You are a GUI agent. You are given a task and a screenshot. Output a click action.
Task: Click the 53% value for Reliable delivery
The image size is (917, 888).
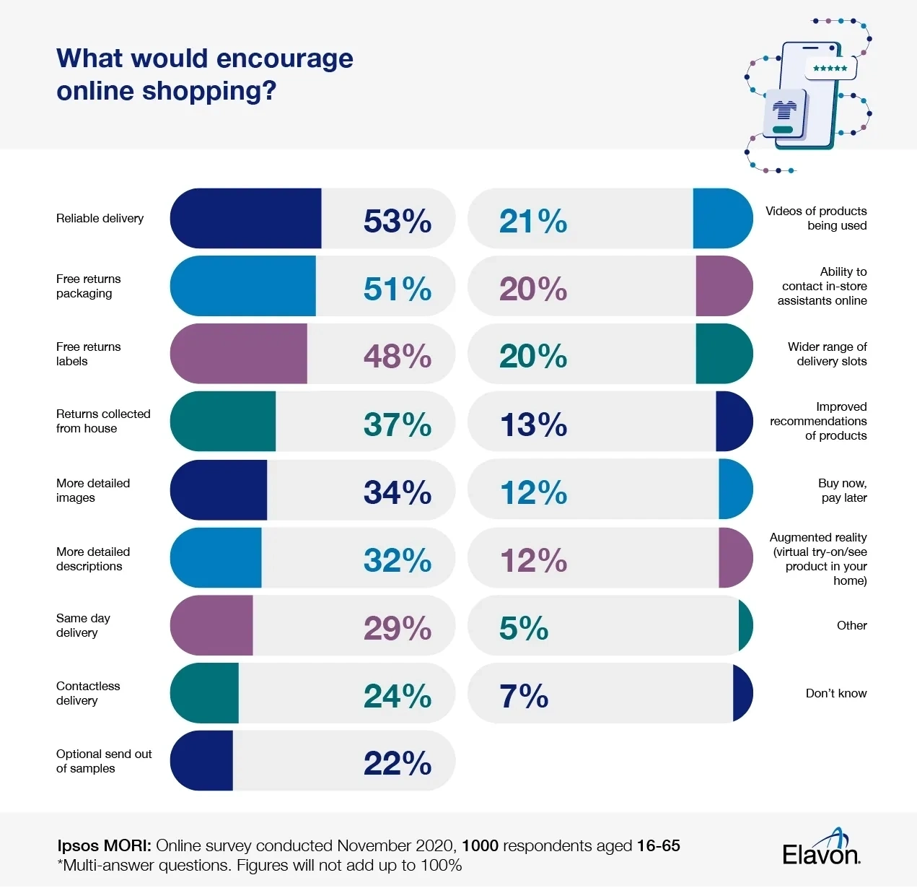[x=398, y=221]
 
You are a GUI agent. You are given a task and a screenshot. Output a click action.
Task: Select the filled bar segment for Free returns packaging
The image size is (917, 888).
[x=243, y=286]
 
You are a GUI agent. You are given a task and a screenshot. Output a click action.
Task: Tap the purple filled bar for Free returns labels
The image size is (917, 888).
[x=239, y=354]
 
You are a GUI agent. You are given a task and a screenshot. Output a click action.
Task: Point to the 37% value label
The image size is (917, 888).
[x=398, y=425]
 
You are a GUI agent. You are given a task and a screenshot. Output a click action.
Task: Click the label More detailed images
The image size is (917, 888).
[x=93, y=490]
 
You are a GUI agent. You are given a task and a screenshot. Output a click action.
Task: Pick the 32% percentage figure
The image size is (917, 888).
[x=398, y=560]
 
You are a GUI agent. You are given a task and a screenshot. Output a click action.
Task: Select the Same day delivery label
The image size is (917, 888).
[x=83, y=625]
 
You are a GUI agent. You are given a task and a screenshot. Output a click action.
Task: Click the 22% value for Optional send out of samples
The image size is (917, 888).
[x=398, y=763]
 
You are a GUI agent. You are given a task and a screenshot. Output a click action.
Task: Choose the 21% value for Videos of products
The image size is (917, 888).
[x=533, y=221]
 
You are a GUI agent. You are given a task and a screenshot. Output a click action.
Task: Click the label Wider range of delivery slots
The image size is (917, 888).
[x=828, y=354]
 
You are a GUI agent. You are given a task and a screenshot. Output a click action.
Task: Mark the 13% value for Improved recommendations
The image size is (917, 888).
[x=533, y=425]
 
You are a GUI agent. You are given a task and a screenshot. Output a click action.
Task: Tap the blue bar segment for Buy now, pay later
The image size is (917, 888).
[x=735, y=489]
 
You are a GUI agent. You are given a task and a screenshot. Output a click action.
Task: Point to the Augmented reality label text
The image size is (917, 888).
[x=819, y=559]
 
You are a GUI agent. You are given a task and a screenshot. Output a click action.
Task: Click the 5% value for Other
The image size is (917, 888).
[x=524, y=628]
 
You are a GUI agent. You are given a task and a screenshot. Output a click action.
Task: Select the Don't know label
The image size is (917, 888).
[x=836, y=693]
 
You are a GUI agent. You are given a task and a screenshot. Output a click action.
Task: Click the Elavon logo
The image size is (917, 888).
[x=822, y=849]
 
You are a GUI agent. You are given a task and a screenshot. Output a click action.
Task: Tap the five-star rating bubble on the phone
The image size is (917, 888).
[x=830, y=68]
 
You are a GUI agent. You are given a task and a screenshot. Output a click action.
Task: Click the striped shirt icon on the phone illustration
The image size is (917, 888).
[x=785, y=110]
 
